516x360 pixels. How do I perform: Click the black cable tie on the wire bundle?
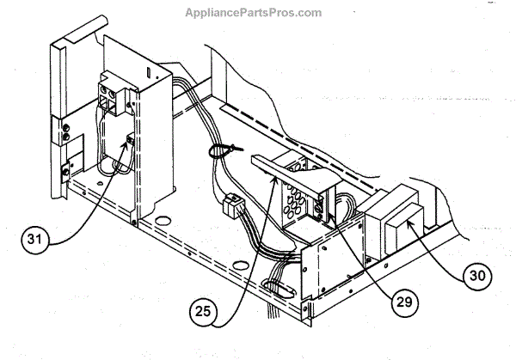tap(215, 152)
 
